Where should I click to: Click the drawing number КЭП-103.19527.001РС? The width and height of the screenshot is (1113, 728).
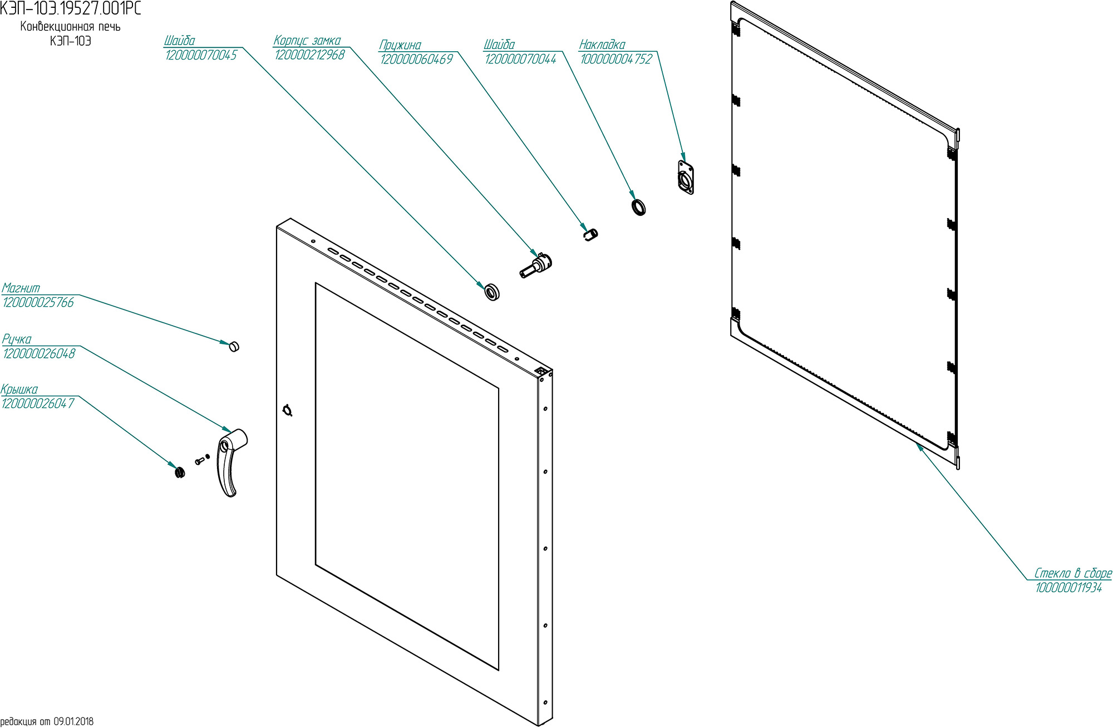[x=71, y=8]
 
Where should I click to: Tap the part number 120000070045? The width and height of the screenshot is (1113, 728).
[x=201, y=55]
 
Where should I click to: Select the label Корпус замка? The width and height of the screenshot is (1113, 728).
[x=307, y=41]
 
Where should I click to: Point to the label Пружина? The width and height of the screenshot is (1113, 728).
[x=400, y=45]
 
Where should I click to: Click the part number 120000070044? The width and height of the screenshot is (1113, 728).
[x=520, y=59]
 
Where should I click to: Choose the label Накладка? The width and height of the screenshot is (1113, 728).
[x=602, y=45]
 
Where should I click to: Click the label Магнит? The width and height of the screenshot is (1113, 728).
[x=21, y=288]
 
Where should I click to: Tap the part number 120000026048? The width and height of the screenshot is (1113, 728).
[x=39, y=353]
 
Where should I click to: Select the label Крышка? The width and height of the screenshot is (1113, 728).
[x=19, y=389]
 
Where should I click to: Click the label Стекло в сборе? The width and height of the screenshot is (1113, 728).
[x=1072, y=573]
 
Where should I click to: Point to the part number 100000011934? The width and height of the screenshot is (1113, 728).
[x=1068, y=588]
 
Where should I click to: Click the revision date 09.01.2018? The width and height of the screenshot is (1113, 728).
[x=73, y=721]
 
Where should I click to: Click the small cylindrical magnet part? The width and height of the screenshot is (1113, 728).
[x=234, y=346]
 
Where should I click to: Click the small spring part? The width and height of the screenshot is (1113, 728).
[x=590, y=234]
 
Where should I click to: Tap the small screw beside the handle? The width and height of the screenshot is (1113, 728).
[x=199, y=461]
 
